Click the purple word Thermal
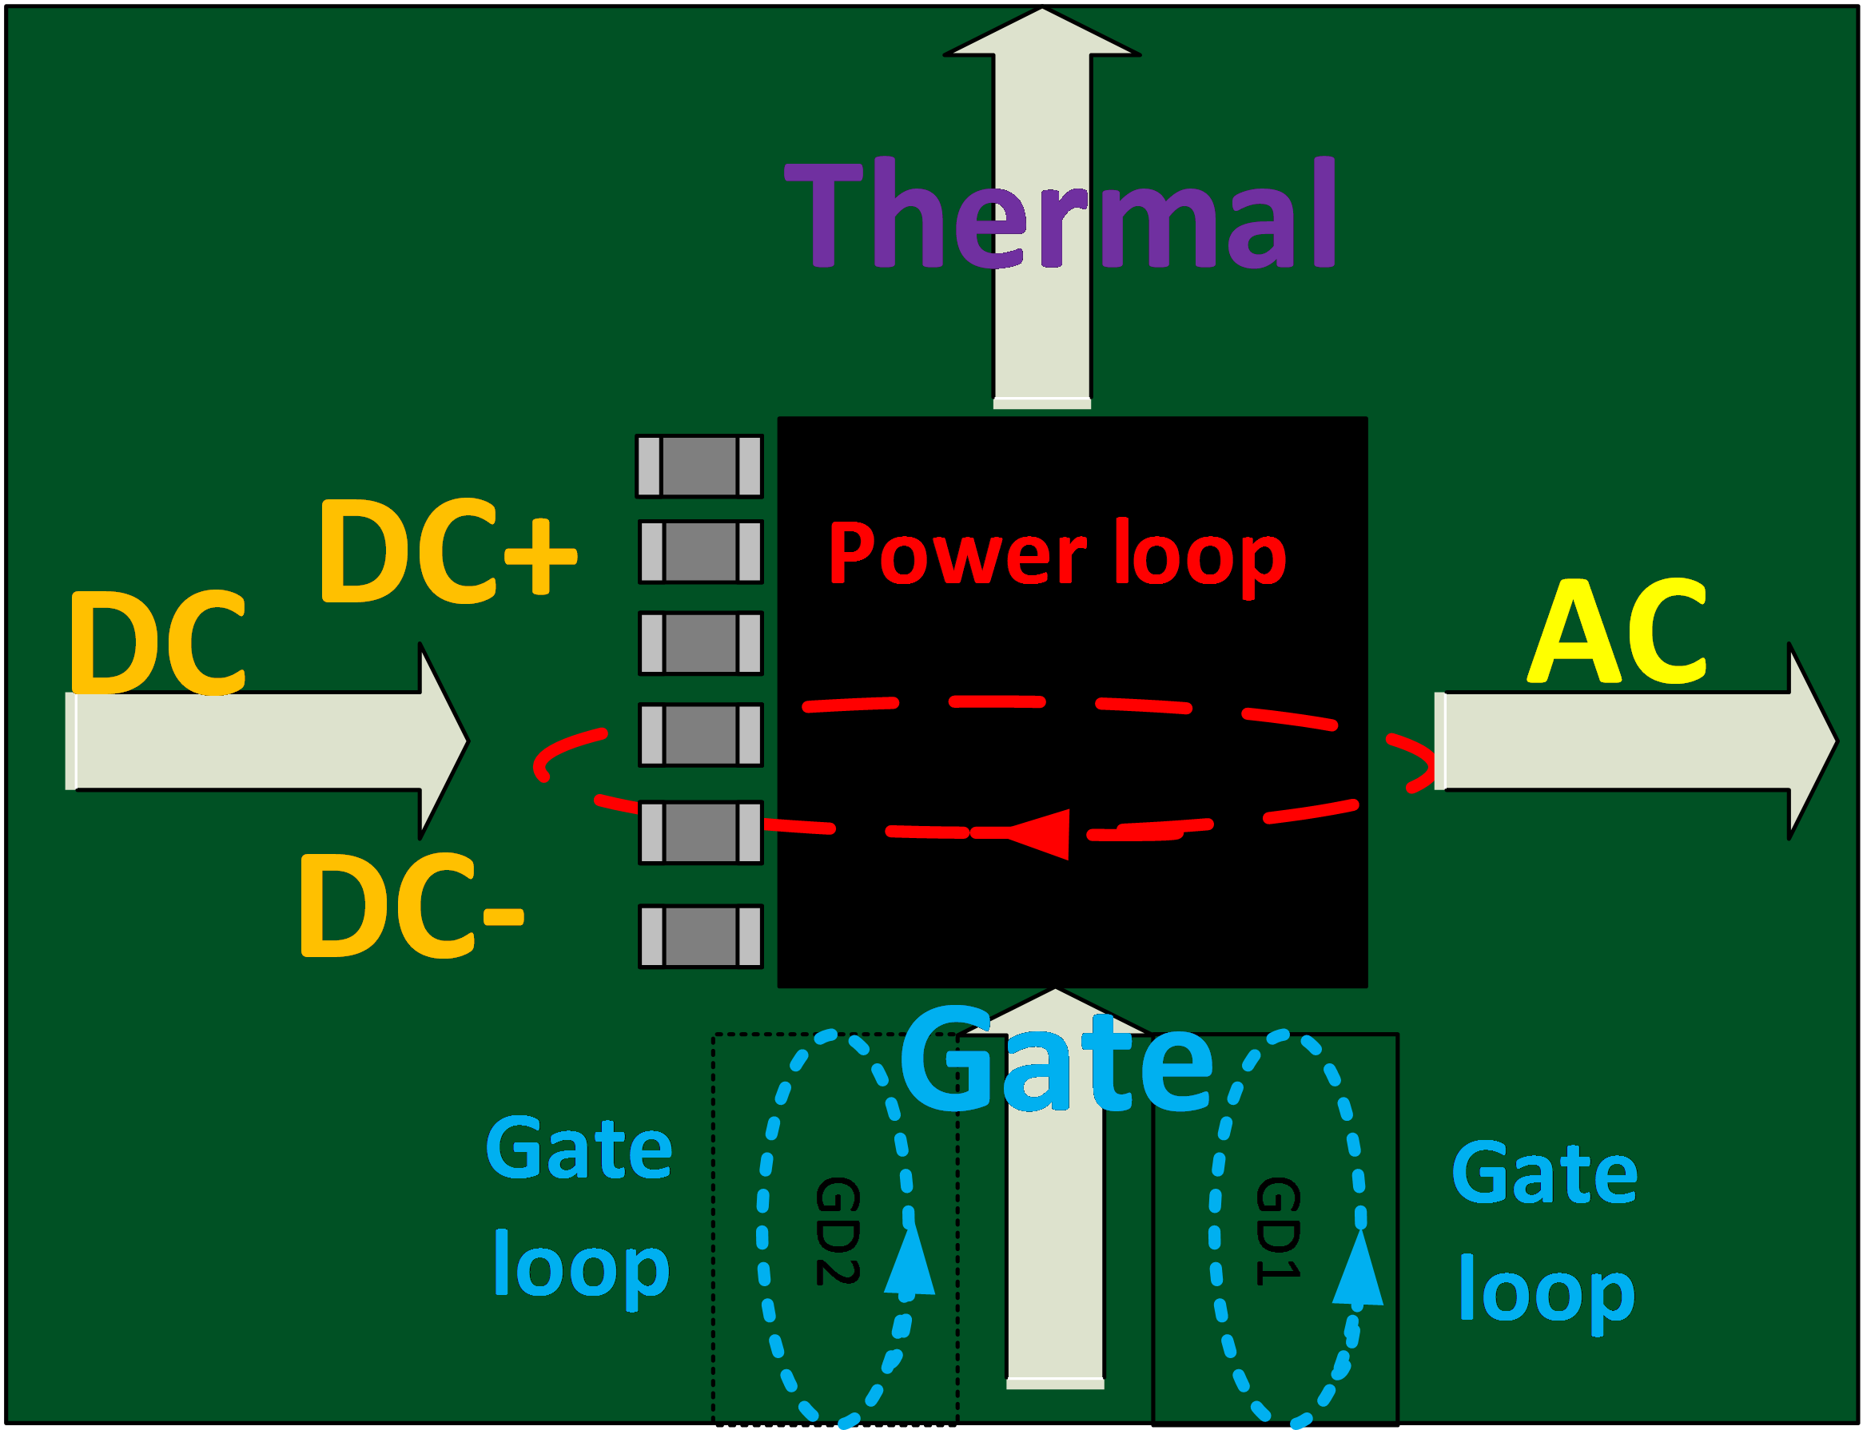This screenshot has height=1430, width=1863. coord(1059,213)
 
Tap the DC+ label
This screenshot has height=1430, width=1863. coord(448,550)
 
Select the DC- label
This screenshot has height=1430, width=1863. coord(412,906)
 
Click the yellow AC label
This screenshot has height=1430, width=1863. coord(1617,632)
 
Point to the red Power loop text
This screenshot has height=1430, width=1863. coord(1057,554)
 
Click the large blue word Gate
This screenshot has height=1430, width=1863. coord(1056,1061)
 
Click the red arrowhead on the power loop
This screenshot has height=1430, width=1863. coord(1041,833)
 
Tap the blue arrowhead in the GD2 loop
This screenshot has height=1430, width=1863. coord(910,1260)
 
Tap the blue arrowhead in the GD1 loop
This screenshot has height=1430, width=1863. coord(1357,1269)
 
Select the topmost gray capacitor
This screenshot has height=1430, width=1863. coord(699,466)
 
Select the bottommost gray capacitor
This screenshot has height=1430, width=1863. coord(701,936)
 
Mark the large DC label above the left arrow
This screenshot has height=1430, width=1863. coord(157,642)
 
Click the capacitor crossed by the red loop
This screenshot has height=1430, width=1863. coord(701,832)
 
